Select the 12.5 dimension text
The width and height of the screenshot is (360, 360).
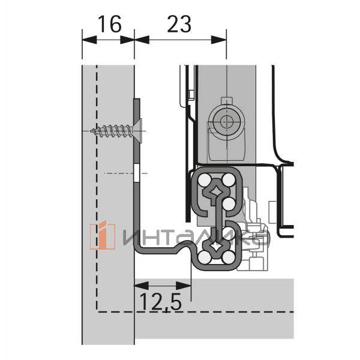point(160,300)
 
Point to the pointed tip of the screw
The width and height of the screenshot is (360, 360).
point(89,130)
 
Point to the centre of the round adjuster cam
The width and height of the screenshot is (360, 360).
point(226,122)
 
